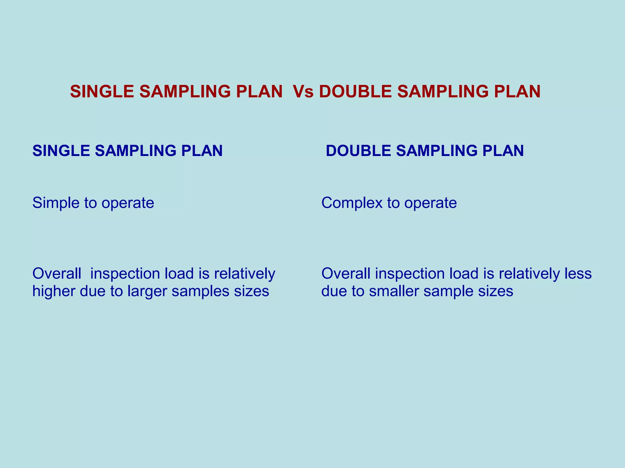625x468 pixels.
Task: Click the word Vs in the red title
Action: point(303,91)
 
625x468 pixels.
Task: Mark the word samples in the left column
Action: point(200,292)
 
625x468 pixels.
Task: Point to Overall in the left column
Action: point(57,274)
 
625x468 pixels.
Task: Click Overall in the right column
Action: point(346,274)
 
